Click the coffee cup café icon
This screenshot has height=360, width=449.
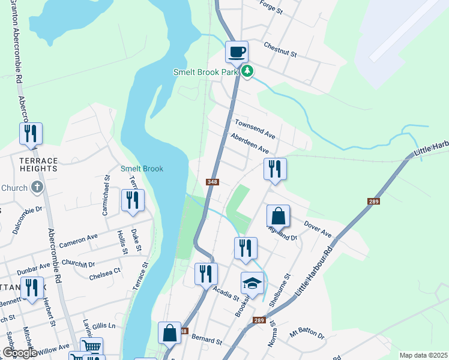[x=237, y=51]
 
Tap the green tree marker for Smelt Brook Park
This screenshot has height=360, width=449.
[x=247, y=71]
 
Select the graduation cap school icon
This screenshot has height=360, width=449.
[x=252, y=283]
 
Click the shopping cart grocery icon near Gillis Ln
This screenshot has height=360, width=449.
[x=91, y=347]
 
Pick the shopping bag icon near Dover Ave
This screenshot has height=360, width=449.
[x=279, y=216]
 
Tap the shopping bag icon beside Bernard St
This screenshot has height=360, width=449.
[x=169, y=333]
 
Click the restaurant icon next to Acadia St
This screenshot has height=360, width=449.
[x=206, y=274]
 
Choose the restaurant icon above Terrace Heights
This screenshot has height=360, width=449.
[x=31, y=134]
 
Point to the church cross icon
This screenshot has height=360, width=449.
[x=37, y=187]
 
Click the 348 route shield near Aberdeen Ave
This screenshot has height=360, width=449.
[x=212, y=182]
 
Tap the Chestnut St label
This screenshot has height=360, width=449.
[x=280, y=50]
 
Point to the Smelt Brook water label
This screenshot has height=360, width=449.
[x=142, y=169]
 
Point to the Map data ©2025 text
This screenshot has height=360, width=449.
[x=423, y=355]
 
